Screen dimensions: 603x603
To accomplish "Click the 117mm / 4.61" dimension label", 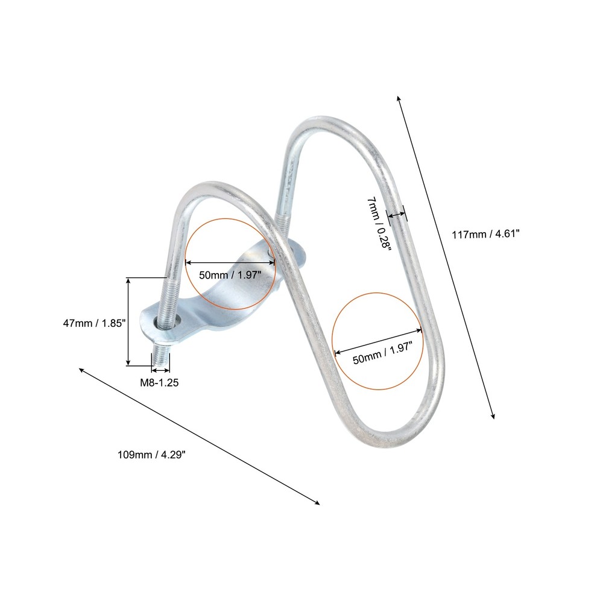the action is point(485,233).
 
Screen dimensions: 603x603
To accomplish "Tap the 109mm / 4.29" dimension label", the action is point(151,455).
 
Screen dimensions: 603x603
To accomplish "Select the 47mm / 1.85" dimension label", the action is point(95,323).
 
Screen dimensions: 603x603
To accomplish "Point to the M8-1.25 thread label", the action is point(159,382).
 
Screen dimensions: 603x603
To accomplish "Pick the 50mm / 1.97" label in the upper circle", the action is point(230,275).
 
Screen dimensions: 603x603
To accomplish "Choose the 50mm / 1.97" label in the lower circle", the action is point(383,353).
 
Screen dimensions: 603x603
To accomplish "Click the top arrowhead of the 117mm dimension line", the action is point(399,99).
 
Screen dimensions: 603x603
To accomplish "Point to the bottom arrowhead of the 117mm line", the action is point(493,415).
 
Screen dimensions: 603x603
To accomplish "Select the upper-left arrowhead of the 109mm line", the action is point(81,370).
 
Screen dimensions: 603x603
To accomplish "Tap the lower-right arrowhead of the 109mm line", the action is point(317,502).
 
